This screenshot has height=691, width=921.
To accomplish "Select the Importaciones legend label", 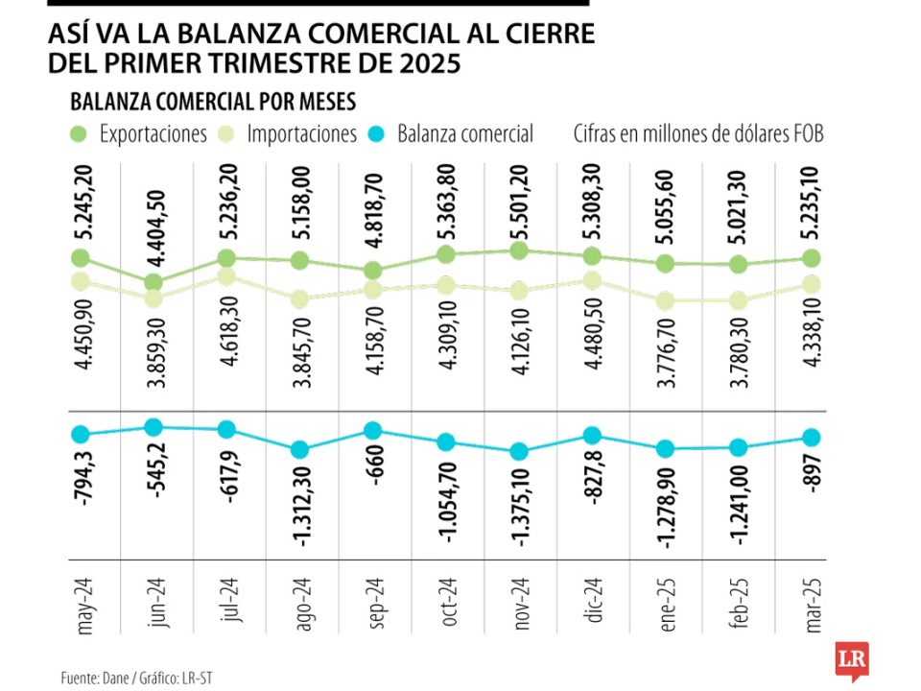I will pos(301,133).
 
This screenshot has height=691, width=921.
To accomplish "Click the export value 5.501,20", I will pos(519,203).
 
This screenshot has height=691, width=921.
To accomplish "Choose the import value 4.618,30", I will pos(227,330).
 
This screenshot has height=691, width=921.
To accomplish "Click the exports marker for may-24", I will pos(81,258).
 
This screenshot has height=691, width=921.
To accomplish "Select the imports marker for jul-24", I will pos(227,276).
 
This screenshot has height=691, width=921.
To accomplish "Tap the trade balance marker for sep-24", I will pos(373,431).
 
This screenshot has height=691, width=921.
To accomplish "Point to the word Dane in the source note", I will pos(112,679).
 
